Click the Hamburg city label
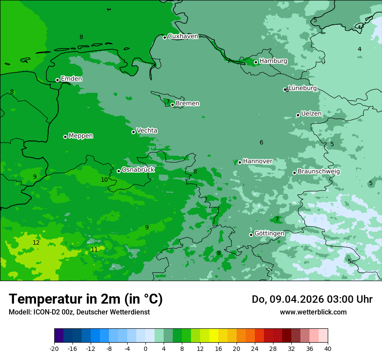(273, 61)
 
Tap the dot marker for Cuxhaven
(165, 37)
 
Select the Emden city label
(71, 79)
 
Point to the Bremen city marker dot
(172, 105)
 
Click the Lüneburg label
(303, 88)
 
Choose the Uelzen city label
(311, 114)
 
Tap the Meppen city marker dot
(65, 137)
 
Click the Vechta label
(147, 131)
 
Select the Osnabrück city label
(138, 170)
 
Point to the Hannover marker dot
(240, 162)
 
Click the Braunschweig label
(319, 172)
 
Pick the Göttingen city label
(269, 233)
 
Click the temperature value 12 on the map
(36, 242)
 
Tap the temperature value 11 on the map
(94, 249)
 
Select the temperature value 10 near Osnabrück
(104, 180)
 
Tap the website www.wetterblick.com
(313, 312)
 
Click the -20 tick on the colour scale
(54, 348)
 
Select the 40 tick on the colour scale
(327, 348)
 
